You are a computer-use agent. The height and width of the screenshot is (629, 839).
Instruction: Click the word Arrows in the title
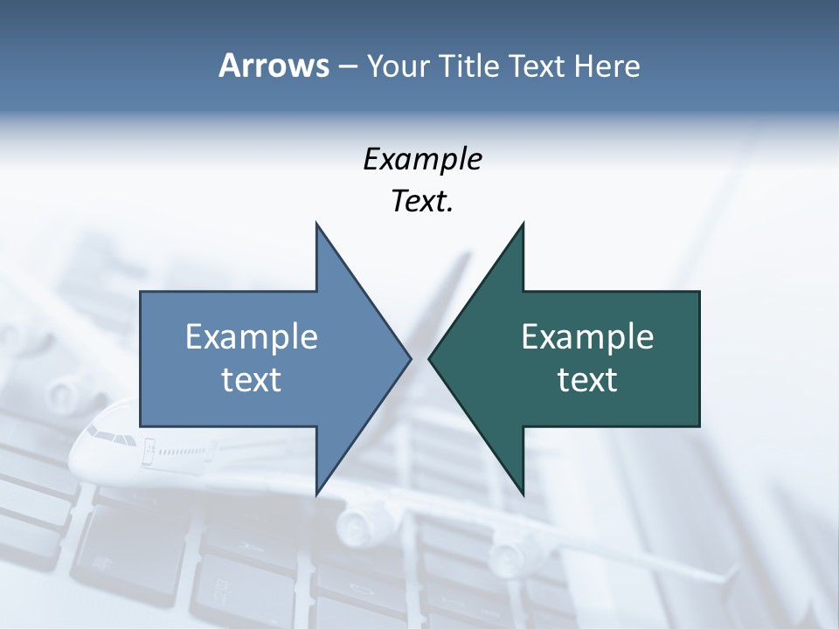[x=273, y=66]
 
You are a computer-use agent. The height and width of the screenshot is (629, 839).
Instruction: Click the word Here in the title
[x=607, y=66]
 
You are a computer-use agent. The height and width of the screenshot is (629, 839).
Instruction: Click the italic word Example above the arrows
[x=422, y=160]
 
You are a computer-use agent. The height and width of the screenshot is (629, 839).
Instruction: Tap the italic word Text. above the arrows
[x=422, y=202]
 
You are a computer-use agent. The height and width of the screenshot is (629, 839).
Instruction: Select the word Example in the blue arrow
[x=252, y=337]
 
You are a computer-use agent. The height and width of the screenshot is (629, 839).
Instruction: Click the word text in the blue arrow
[x=252, y=380]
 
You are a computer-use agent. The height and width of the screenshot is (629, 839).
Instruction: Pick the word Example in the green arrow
[x=587, y=337]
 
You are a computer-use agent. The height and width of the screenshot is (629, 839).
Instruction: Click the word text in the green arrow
[x=587, y=380]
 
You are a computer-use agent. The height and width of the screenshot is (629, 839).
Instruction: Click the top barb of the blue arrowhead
[x=318, y=229]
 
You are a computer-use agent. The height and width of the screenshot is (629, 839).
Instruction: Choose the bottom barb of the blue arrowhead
[x=318, y=489]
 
